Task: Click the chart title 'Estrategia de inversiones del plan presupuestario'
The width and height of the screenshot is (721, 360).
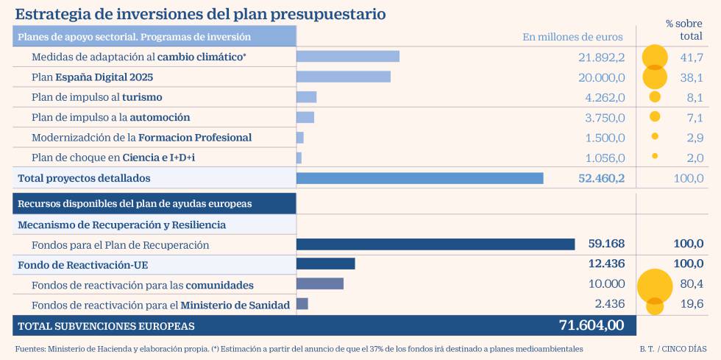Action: (x=200, y=14)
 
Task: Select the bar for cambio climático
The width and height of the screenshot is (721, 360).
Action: (x=347, y=57)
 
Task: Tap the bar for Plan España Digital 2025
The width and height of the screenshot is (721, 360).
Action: (x=343, y=77)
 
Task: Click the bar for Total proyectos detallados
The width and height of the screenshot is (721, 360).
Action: (x=419, y=178)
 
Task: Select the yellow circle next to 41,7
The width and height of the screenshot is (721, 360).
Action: (x=655, y=57)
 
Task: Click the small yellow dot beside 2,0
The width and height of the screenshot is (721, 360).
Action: (x=655, y=156)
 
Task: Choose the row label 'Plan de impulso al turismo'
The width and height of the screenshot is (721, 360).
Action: (x=97, y=97)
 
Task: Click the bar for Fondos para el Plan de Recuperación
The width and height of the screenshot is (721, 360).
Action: (x=435, y=244)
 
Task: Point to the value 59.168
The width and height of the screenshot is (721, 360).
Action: (x=606, y=244)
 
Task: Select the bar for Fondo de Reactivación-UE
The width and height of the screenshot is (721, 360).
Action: (x=325, y=264)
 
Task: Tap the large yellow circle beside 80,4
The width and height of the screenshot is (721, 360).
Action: (x=655, y=286)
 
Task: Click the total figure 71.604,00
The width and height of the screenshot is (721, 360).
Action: (x=592, y=325)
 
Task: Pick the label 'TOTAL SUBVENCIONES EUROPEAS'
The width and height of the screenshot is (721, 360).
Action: (x=106, y=325)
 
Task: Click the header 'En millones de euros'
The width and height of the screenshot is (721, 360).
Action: (x=572, y=37)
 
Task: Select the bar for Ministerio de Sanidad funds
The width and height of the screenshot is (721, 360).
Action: (x=302, y=304)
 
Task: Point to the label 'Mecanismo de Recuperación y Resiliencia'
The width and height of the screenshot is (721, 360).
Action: (x=121, y=225)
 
